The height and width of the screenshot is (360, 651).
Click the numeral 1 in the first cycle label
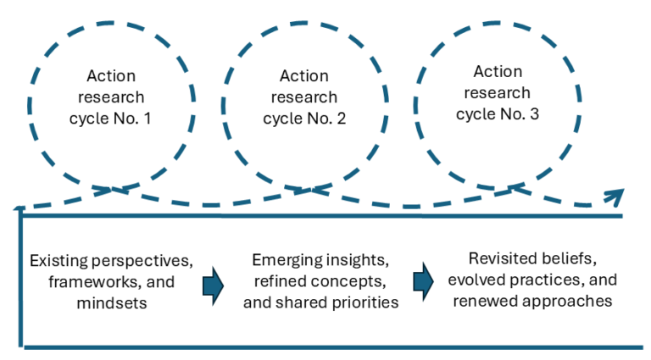pos(147,119)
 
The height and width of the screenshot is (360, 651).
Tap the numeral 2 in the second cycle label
pos(341,119)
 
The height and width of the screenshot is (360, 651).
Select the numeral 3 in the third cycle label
pos(534,114)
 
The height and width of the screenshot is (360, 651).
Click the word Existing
pos(59,261)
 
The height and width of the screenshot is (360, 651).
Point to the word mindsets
pos(112,303)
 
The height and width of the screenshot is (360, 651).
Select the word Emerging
pos(287,260)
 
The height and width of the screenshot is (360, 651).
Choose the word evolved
pos(476,280)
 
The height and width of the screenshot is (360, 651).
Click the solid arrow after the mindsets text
pos(214,286)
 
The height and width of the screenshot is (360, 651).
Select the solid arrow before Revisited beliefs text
pos(424,281)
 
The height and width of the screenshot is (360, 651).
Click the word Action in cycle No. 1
pos(111,76)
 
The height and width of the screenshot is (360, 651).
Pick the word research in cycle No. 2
pos(304,97)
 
